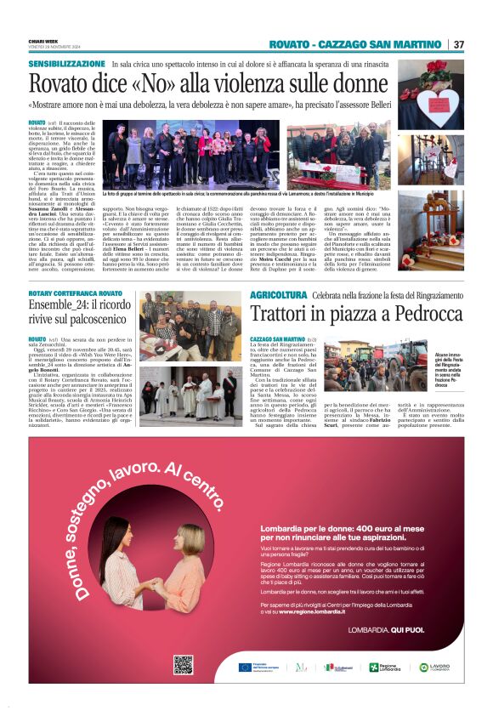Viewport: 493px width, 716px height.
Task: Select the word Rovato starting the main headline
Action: [60, 84]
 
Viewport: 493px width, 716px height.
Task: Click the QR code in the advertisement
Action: [183, 665]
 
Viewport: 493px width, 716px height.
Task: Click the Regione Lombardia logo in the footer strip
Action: [388, 667]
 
